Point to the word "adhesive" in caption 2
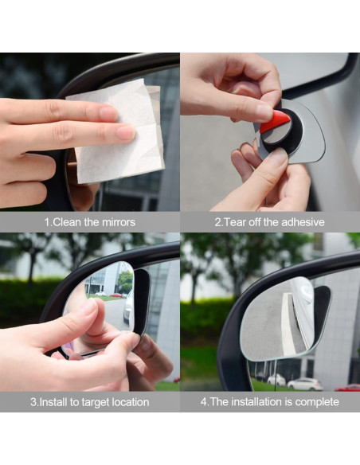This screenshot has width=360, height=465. [300, 222]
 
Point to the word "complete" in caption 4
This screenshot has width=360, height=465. [315, 402]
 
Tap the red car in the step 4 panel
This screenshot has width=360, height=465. [348, 388]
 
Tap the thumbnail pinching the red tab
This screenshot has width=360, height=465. [263, 111]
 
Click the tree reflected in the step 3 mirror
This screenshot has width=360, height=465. [125, 280]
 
